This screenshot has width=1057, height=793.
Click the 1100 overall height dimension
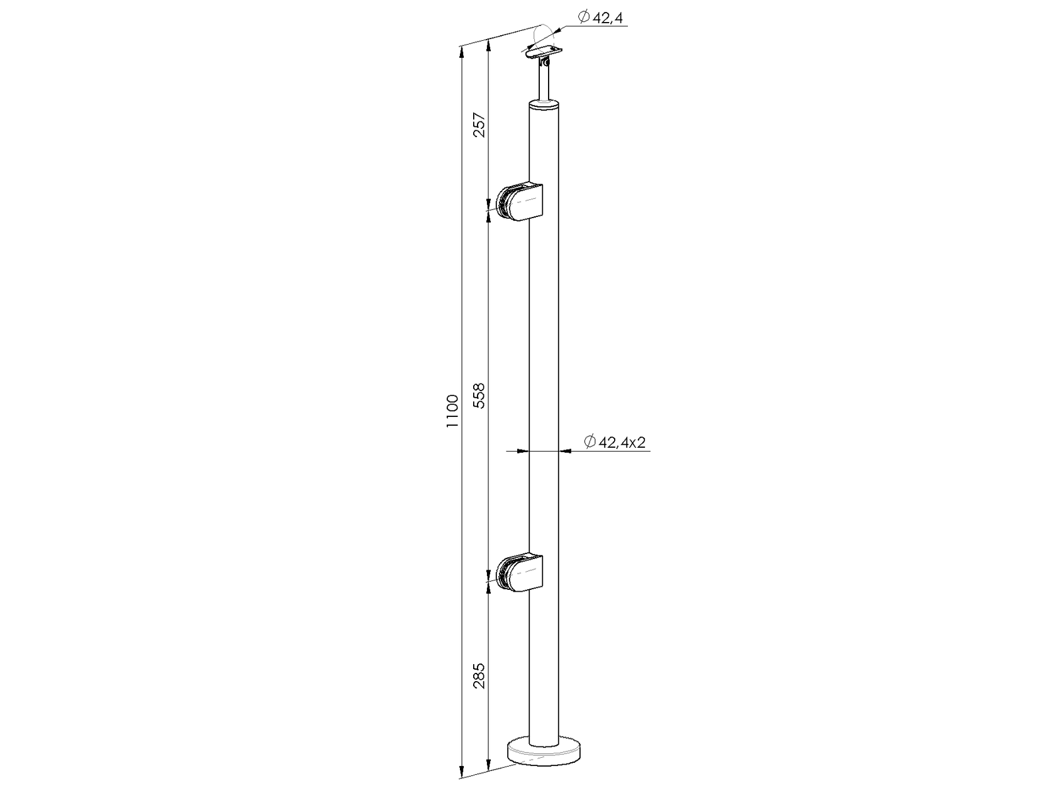pyautogui.click(x=452, y=412)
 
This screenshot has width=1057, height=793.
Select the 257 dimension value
pyautogui.click(x=479, y=125)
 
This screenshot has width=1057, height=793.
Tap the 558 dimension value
pyautogui.click(x=479, y=396)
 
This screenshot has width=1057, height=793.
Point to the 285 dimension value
pyautogui.click(x=479, y=676)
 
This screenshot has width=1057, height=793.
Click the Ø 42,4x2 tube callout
pyautogui.click(x=615, y=442)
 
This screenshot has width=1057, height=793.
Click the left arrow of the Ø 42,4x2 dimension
pyautogui.click(x=521, y=451)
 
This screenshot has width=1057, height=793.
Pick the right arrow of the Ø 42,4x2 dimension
pyautogui.click(x=565, y=451)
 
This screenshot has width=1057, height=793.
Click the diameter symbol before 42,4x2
pyautogui.click(x=590, y=442)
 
